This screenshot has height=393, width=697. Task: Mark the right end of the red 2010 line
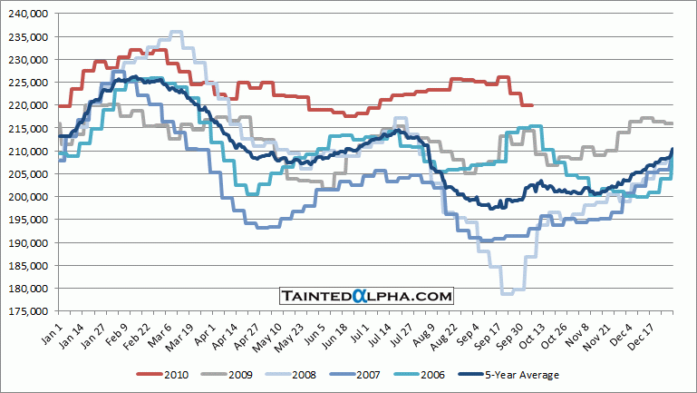pos(532,105)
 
